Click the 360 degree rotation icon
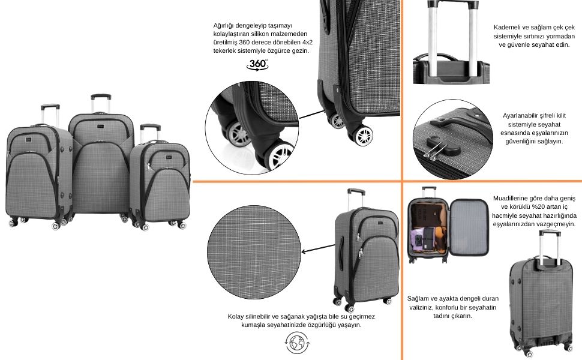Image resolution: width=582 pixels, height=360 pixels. click(257, 65)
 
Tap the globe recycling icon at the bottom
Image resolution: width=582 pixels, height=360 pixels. click(298, 343)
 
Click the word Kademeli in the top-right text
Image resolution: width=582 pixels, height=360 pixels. click(507, 28)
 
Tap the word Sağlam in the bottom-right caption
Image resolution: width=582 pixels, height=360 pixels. click(417, 299)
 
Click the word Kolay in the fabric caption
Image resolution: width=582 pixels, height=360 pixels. click(236, 317)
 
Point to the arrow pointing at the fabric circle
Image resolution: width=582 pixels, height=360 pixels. click(318, 248)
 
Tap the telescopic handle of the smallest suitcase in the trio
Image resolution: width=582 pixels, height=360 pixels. click(150, 132)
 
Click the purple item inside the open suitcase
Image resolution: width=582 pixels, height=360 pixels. click(418, 239)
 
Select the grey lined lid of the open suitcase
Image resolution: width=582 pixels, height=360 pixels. click(469, 227)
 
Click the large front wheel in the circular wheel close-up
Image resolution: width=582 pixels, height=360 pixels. click(277, 155)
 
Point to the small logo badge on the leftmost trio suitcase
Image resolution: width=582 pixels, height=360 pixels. click(29, 140)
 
